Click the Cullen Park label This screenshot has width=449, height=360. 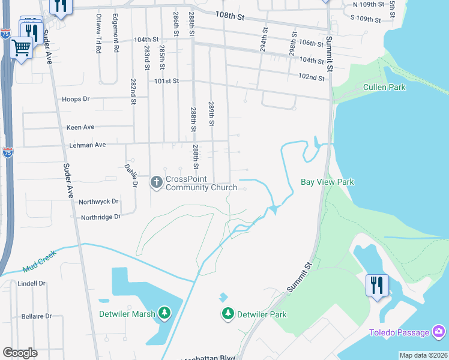coord(384,88)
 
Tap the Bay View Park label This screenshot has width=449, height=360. coord(327,182)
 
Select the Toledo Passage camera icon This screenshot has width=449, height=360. coord(439,332)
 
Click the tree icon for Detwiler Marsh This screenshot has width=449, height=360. coord(163,313)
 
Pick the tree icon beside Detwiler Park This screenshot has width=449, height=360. coord(228,313)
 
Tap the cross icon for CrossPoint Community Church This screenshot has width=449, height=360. coord(156,182)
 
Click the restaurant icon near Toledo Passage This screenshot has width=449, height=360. coord(377,284)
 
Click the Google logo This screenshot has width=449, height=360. coord(20,352)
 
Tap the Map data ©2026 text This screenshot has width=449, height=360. coord(423,355)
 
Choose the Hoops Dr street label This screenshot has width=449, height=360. coord(75,99)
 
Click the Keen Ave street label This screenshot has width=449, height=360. coord(80,127)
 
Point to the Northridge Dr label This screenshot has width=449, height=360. coord(100,217)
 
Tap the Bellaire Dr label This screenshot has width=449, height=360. coord(35,316)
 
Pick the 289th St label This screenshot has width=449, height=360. coord(211,114)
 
